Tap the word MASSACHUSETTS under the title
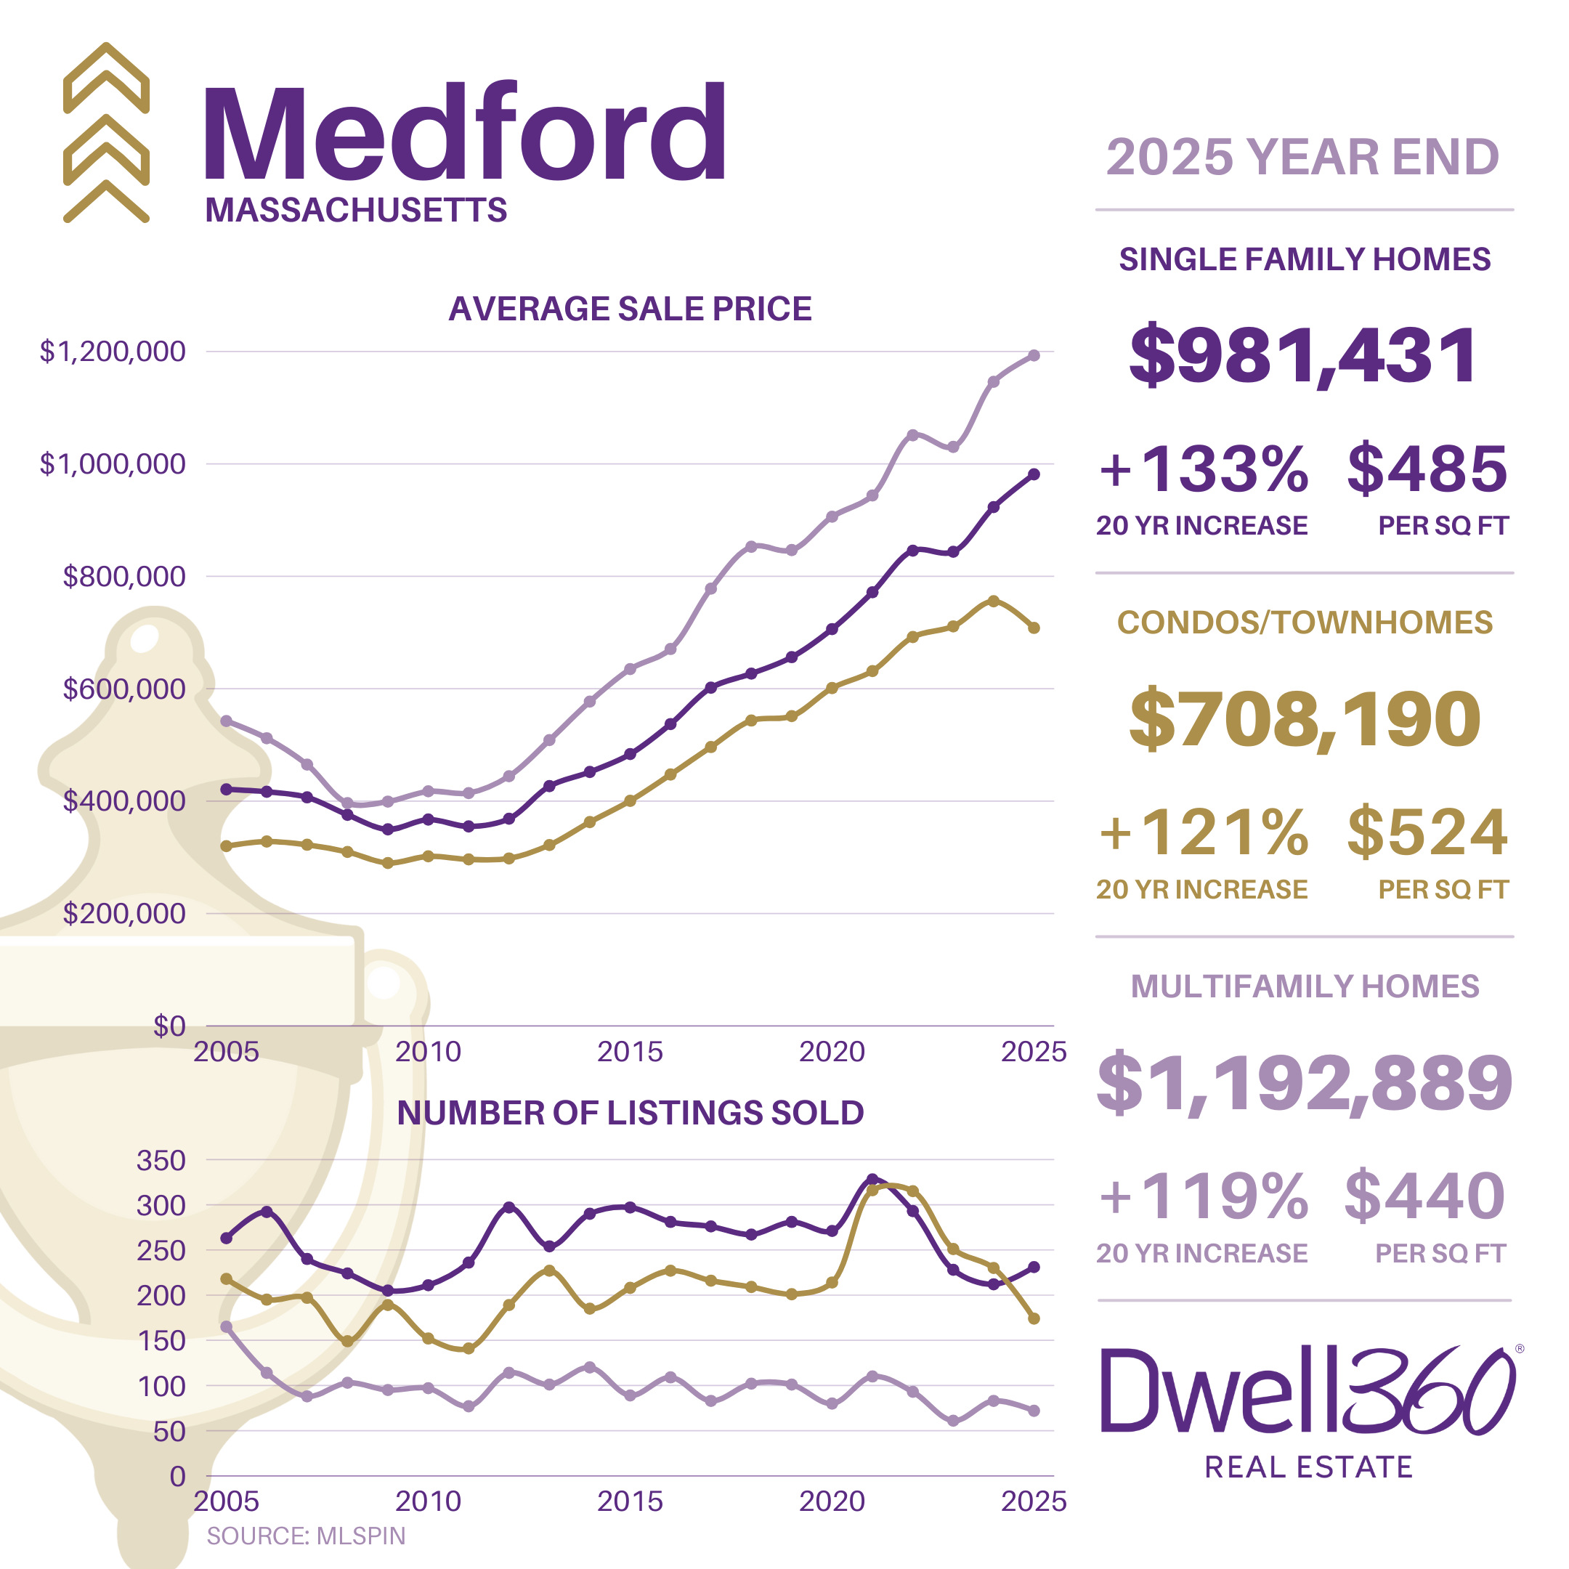pos(356,211)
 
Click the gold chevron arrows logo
pos(106,132)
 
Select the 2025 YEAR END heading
pos(1302,157)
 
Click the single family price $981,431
pos(1302,355)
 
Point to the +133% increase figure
pos(1204,469)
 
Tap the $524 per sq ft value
pos(1427,832)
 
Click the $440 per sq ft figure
pos(1424,1196)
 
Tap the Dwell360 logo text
pos(1307,1392)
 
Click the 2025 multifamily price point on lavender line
pos(1034,356)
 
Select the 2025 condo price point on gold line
pos(1034,628)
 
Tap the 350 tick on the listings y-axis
pos(161,1161)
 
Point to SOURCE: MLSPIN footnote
pos(305,1536)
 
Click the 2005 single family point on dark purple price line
pos(227,790)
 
